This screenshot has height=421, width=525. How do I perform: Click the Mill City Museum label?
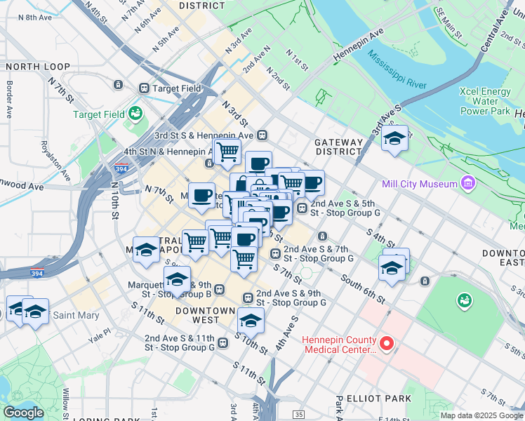[419, 185]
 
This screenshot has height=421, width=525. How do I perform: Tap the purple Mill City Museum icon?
[467, 184]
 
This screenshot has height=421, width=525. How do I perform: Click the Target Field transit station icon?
[144, 88]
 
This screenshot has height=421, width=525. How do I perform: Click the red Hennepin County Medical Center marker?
[386, 344]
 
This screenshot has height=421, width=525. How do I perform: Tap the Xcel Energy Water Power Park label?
[484, 101]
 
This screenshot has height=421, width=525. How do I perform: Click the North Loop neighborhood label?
[39, 67]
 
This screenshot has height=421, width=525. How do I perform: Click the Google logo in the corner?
[24, 413]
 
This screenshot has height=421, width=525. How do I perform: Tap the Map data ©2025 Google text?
[481, 415]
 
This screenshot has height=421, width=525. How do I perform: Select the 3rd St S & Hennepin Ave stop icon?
[261, 135]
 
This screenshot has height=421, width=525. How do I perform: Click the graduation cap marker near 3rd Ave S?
[394, 138]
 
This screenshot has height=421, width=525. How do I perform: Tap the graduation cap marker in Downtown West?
[251, 320]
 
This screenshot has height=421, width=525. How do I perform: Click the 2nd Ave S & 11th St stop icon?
[222, 342]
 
